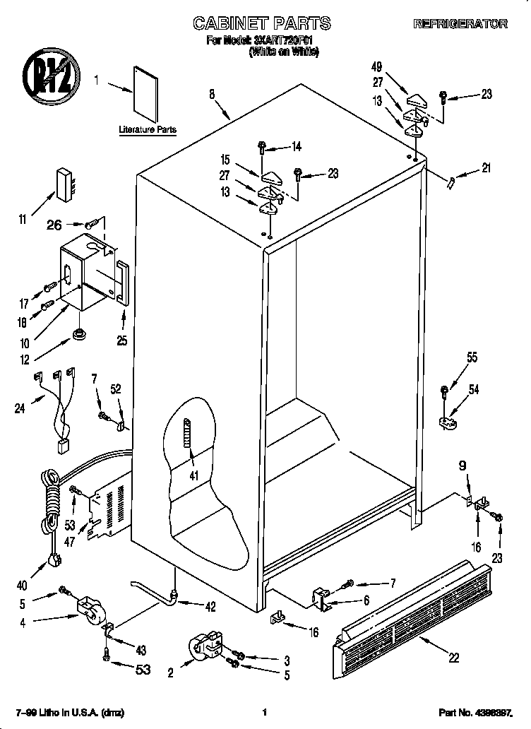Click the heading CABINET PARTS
[262, 23]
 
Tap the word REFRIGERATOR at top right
[460, 24]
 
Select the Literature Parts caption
[148, 130]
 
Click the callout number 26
[54, 225]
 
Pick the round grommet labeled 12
[78, 333]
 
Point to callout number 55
[471, 358]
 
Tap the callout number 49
[376, 67]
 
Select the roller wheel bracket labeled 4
[88, 609]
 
